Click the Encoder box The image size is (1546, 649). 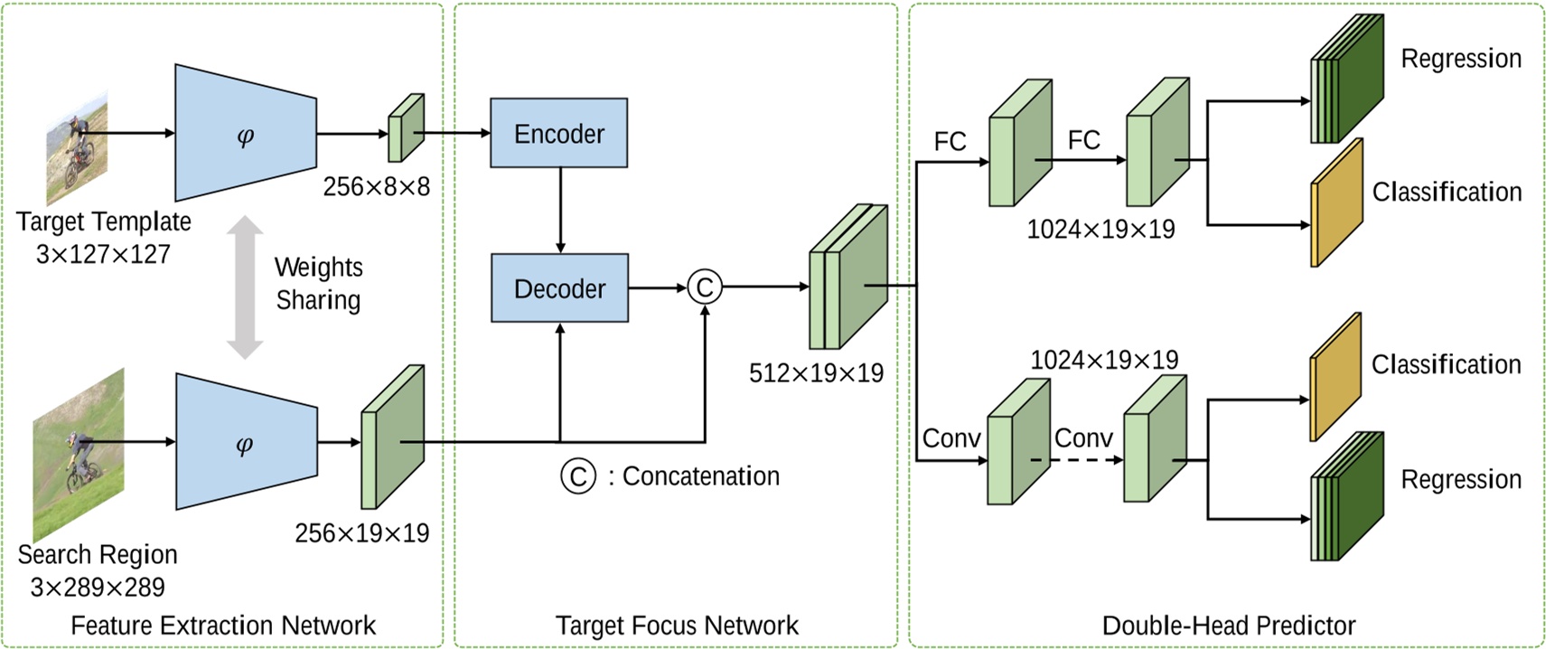558,133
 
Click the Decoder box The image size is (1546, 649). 559,288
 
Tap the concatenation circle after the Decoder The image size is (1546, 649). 705,287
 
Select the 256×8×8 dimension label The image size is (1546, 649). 376,187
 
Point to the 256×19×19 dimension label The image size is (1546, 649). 361,533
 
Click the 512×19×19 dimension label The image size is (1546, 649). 816,373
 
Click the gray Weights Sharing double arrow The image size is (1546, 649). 244,287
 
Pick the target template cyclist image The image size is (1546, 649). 78,149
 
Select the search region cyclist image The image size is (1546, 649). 79,455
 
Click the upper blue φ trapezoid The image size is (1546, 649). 245,134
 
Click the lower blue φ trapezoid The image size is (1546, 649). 245,443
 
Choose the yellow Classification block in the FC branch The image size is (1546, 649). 1335,203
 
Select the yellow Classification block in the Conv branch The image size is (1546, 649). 1335,377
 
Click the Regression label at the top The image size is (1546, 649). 1460,59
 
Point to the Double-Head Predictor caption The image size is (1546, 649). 1228,625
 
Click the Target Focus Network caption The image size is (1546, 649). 676,625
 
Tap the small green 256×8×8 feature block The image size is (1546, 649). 406,127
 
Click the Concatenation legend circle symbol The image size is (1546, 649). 578,475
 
